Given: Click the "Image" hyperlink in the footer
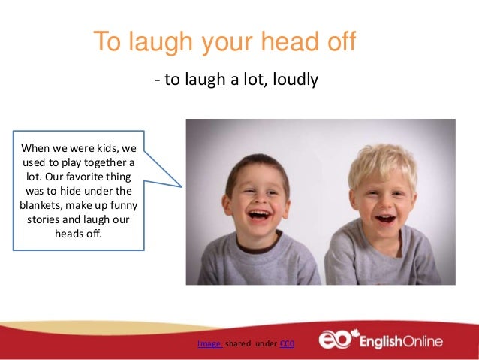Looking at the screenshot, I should (x=208, y=344).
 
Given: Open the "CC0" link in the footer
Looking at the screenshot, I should (x=287, y=344).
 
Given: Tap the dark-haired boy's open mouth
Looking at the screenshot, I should (x=261, y=216).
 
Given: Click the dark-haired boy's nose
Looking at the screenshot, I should (x=259, y=201).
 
